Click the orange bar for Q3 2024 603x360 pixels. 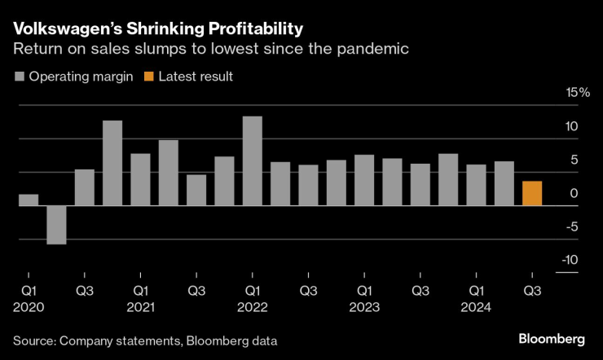click(x=532, y=193)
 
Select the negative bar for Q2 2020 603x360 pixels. click(x=56, y=224)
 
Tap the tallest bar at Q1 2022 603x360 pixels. click(x=253, y=160)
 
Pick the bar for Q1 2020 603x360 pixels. click(x=29, y=200)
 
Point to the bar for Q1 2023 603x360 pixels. click(x=364, y=180)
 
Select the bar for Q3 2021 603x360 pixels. click(x=196, y=190)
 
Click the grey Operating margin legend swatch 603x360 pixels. click(x=19, y=77)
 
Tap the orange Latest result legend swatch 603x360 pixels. click(x=148, y=77)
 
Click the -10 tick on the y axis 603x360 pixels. click(x=568, y=260)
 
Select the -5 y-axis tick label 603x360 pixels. click(x=570, y=226)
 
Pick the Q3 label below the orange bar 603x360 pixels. click(x=532, y=290)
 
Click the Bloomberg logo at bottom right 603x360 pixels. click(x=552, y=337)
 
